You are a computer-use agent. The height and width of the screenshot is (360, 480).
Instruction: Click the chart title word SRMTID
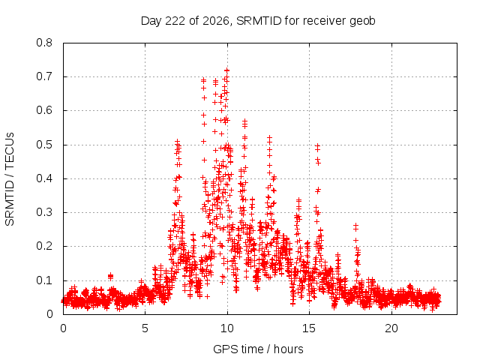[259, 21]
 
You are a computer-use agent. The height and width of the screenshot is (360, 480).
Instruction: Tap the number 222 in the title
[175, 21]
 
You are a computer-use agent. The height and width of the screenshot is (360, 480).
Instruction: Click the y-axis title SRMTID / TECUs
[10, 179]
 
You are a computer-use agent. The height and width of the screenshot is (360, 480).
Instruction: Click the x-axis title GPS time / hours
[258, 349]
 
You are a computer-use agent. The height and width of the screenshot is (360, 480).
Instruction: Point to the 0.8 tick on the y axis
[44, 43]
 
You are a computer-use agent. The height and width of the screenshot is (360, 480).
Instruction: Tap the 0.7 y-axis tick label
[44, 76]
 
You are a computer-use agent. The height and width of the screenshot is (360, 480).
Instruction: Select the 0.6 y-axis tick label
[44, 110]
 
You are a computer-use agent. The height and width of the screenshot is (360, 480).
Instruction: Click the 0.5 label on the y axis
[44, 145]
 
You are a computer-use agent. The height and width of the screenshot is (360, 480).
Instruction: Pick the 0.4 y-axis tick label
[44, 178]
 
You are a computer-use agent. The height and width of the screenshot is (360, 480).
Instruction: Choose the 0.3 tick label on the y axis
[44, 212]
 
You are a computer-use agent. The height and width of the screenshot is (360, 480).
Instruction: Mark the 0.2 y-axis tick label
[44, 247]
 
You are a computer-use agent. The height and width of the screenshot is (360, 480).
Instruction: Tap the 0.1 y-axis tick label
[44, 280]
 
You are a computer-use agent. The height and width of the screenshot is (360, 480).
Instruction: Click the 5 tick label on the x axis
[145, 328]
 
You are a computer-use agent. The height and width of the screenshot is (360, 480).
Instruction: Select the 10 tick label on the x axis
[227, 328]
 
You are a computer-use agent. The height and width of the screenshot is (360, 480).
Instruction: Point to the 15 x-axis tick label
[309, 328]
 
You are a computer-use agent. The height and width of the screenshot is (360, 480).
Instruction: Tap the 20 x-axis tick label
[391, 328]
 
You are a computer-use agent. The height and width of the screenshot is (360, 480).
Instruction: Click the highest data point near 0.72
[226, 70]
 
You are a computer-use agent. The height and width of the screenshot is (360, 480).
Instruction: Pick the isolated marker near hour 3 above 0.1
[110, 277]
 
